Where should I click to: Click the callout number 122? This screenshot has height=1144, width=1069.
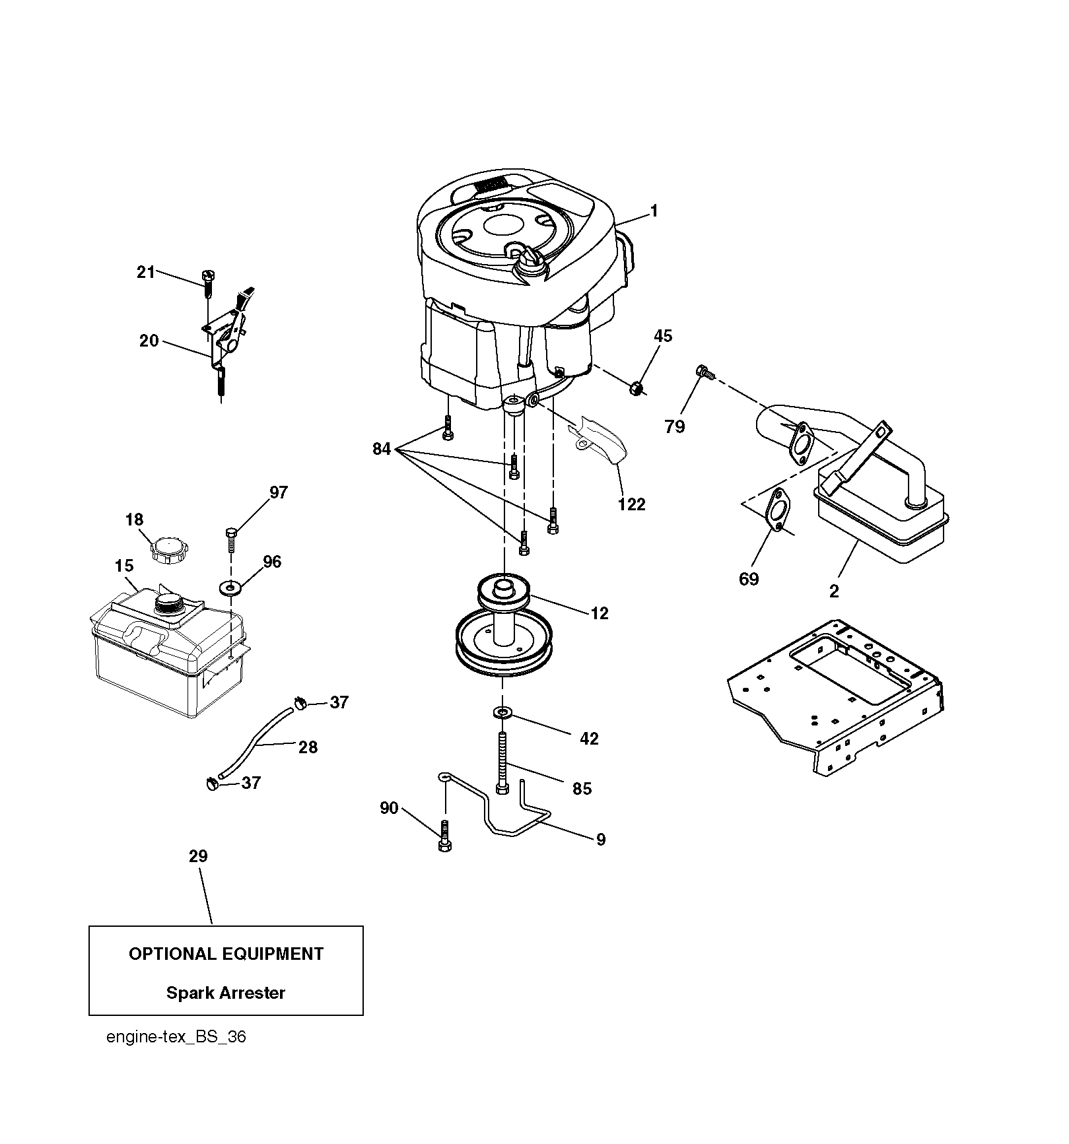(x=631, y=504)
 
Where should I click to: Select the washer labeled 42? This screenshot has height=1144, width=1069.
(x=502, y=712)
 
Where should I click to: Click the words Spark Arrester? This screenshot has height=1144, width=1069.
(x=226, y=993)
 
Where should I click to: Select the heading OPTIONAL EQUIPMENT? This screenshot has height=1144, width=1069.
(x=226, y=954)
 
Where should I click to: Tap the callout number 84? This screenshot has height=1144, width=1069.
(x=382, y=450)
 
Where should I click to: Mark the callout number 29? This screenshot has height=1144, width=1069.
(x=198, y=856)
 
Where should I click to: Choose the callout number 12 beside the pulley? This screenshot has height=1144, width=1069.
(x=600, y=613)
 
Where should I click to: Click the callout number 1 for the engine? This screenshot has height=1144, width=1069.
(x=654, y=211)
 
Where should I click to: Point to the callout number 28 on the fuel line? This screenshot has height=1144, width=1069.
(x=308, y=747)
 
